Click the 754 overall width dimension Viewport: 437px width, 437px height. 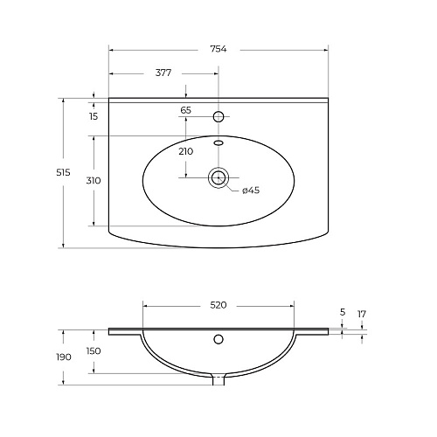(x=218, y=49)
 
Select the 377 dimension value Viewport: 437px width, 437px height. (x=163, y=73)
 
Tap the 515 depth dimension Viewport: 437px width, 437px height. (x=63, y=172)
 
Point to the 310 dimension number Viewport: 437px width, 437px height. (x=94, y=181)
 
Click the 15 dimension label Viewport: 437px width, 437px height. (x=94, y=116)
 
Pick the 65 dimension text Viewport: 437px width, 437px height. (x=186, y=110)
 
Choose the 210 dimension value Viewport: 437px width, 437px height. (x=186, y=151)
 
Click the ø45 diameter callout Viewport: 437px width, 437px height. (x=251, y=191)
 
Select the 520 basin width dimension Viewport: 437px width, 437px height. (x=218, y=305)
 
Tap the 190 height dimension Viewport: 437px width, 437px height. (x=64, y=357)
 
